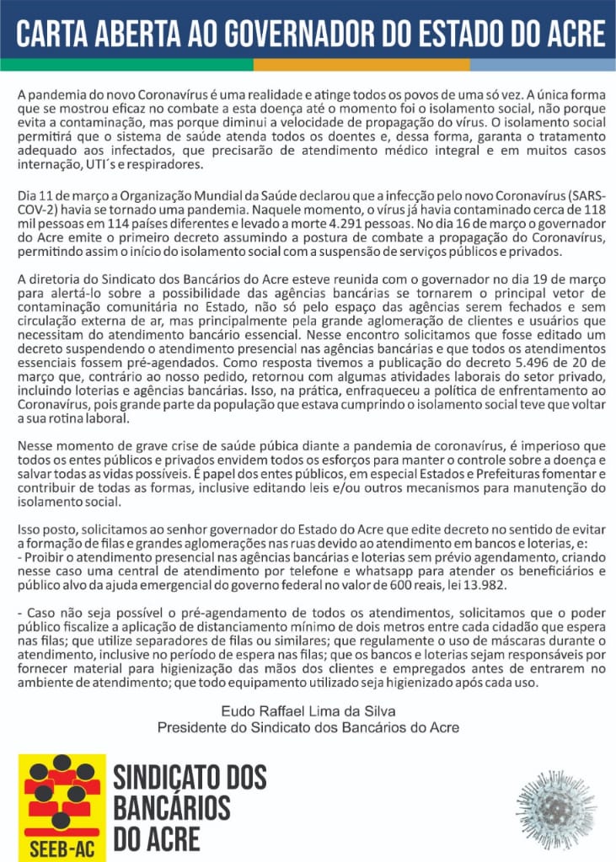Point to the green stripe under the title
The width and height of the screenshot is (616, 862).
coord(126,64)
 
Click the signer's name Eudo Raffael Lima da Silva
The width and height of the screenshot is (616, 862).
coord(308,711)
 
